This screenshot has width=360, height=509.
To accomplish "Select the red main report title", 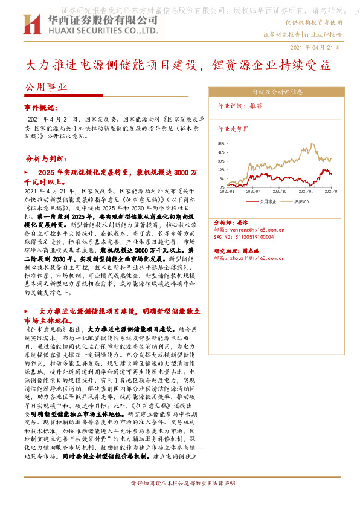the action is (180, 65).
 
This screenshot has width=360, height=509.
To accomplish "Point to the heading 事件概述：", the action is (39, 106).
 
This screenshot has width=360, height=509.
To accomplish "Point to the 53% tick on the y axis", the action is (222, 143).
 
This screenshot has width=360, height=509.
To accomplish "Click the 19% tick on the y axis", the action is (222, 166).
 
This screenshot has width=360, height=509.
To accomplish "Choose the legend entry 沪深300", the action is (301, 201).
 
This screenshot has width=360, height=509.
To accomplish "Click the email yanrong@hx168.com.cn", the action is (249, 230).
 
